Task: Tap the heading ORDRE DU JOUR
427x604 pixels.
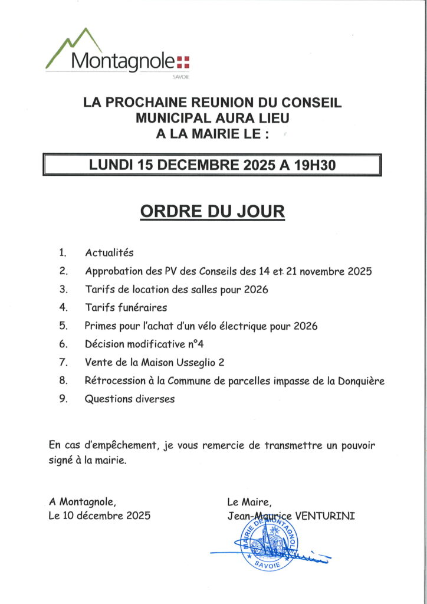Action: tap(212, 212)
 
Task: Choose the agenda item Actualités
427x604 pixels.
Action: tap(109, 253)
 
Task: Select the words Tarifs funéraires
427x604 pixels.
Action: tap(126, 307)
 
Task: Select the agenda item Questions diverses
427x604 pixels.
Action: tap(130, 399)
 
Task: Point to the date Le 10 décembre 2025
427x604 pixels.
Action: tap(99, 516)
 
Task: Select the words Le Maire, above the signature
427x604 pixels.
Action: tap(249, 502)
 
